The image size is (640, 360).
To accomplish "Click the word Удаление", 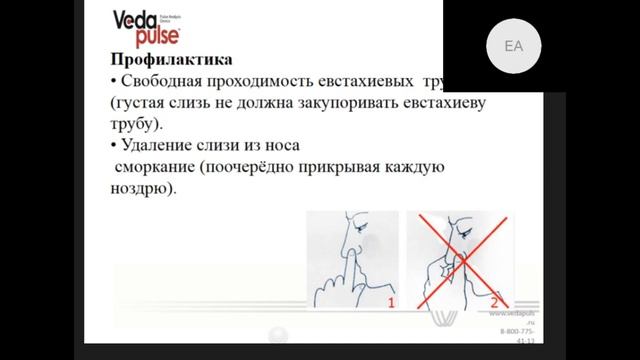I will click(x=159, y=148).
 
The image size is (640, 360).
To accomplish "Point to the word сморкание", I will click(x=155, y=169).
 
